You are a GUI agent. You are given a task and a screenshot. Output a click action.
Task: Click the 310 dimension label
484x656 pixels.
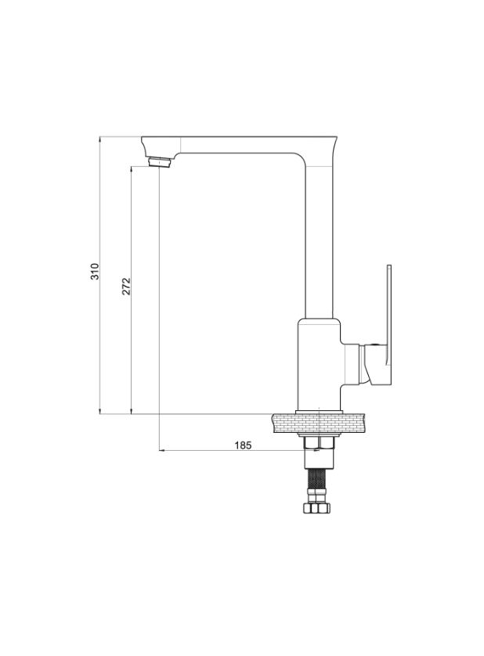96,272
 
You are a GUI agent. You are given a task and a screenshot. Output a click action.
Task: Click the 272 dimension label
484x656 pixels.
126,287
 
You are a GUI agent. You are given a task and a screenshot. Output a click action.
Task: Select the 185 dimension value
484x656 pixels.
243,445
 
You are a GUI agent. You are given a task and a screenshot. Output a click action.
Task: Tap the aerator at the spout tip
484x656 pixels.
160,162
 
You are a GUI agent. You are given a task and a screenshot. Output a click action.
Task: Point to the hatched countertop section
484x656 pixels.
319,423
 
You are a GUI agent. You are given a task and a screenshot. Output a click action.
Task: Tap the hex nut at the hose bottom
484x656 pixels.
317,508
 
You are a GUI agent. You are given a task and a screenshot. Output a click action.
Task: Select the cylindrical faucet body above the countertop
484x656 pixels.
319,364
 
